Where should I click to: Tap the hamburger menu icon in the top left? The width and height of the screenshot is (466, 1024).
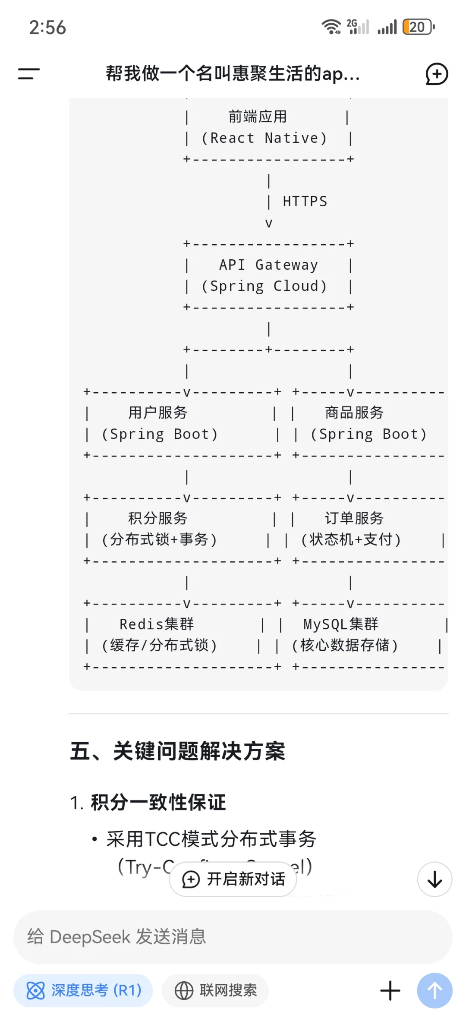(x=28, y=73)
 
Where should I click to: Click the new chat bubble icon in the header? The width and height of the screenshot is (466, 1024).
(x=437, y=74)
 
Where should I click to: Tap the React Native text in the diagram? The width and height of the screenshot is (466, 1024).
(x=264, y=138)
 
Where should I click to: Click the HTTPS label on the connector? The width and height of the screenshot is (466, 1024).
(x=305, y=202)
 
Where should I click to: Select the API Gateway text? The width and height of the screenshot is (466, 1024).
(x=268, y=265)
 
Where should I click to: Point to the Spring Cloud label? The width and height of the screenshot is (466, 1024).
(x=264, y=286)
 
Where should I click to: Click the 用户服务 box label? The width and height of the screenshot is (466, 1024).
(x=157, y=413)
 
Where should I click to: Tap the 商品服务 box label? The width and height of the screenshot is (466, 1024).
(x=354, y=413)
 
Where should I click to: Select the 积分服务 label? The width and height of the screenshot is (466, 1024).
(x=157, y=518)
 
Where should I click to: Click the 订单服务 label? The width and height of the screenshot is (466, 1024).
(x=354, y=518)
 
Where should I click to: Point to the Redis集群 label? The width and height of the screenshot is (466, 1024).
(x=157, y=624)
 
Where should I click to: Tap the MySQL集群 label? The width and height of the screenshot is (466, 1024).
(x=340, y=624)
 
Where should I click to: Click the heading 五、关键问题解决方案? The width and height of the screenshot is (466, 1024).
(x=177, y=751)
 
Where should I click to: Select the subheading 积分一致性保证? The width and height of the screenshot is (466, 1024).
(x=158, y=803)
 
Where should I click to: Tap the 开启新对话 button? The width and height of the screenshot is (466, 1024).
(x=233, y=879)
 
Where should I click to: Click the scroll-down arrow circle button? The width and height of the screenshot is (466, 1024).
(x=435, y=879)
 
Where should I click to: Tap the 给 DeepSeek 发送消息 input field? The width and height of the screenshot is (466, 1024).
(x=233, y=937)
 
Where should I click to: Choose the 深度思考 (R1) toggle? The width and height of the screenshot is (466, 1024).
(x=83, y=990)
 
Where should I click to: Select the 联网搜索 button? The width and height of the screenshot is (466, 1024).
(x=215, y=990)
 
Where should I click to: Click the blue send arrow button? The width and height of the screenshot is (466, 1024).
(x=435, y=990)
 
